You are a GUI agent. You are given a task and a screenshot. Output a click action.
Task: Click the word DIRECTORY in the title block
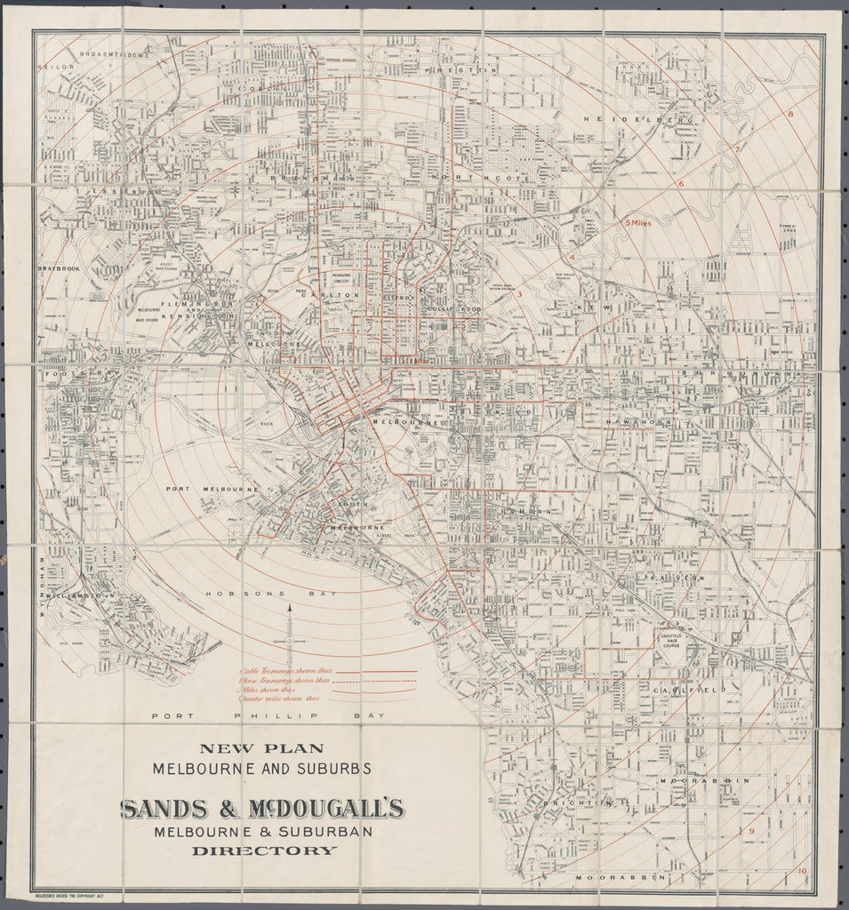(264, 850)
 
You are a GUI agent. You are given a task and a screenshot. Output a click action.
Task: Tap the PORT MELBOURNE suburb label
(212, 490)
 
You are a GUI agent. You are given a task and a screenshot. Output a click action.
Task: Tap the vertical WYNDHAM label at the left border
(42, 577)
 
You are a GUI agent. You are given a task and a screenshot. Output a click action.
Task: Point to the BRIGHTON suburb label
(585, 802)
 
